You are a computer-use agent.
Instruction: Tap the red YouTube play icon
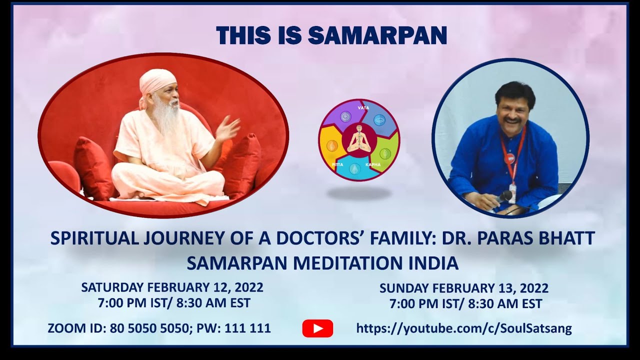point(317,328)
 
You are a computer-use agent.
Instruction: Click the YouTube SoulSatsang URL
point(463,328)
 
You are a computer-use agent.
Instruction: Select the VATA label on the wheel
point(363,107)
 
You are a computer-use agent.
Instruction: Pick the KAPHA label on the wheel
point(372,164)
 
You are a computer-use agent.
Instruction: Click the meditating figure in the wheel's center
point(358,139)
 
